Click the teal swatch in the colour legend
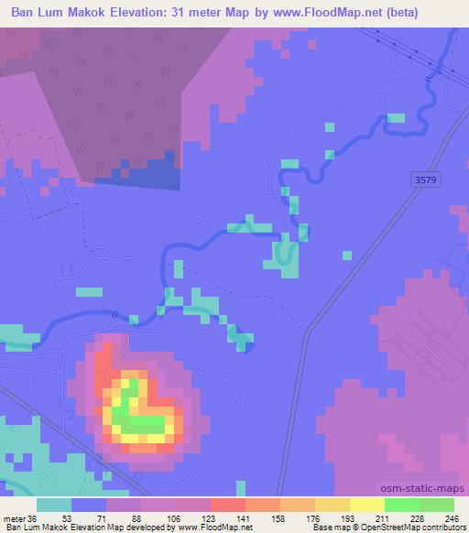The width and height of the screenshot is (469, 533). coord(54,506)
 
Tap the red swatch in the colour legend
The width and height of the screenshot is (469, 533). coord(228,506)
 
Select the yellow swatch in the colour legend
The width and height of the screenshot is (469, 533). coord(367,506)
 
